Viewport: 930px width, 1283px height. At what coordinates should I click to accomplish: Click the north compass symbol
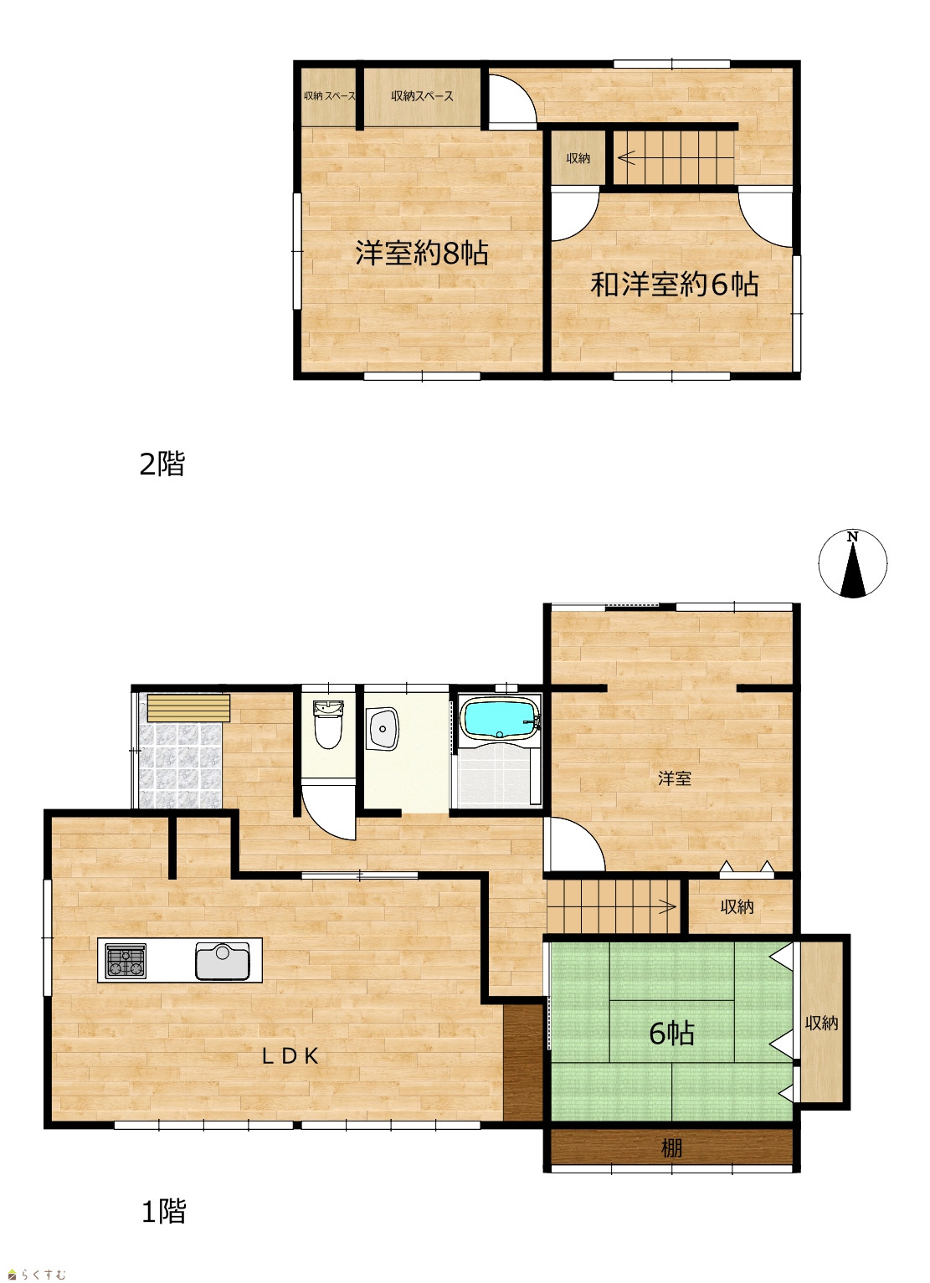click(x=853, y=563)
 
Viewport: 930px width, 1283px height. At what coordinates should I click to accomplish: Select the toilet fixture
click(x=328, y=724)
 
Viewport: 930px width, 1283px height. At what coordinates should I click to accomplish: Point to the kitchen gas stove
click(x=126, y=961)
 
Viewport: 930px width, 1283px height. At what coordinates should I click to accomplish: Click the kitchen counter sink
click(x=223, y=961)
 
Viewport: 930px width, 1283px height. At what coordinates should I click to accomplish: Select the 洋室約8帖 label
click(x=422, y=253)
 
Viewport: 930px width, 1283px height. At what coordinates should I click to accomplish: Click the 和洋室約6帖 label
click(x=675, y=284)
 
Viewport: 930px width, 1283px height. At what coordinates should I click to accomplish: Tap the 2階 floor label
click(x=162, y=464)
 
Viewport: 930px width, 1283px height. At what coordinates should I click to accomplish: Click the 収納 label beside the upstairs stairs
click(x=578, y=158)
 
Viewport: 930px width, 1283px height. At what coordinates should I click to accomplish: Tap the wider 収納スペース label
click(x=423, y=96)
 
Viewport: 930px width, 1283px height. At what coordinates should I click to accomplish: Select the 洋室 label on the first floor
click(x=675, y=778)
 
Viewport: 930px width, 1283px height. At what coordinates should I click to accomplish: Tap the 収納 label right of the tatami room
click(x=821, y=1023)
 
